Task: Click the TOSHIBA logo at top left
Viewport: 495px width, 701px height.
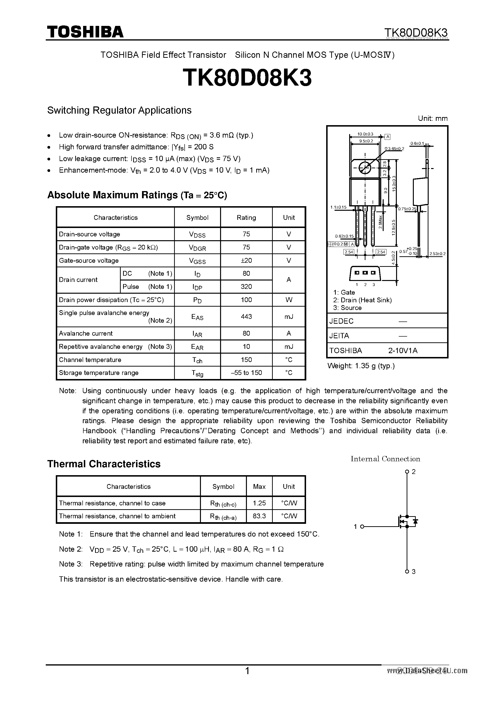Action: tap(85, 32)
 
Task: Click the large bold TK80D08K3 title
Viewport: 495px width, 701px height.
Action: tap(247, 77)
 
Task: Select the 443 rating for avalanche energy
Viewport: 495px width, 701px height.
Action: tap(246, 316)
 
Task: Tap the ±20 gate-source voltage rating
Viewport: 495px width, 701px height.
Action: tap(246, 260)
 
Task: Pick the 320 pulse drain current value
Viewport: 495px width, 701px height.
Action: tap(246, 286)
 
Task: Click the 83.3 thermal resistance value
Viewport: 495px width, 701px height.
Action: tap(259, 516)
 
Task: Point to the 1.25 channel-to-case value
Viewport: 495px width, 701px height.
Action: tap(259, 503)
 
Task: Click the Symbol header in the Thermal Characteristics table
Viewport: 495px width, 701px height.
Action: tap(223, 486)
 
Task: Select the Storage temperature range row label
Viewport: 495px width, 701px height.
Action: tap(98, 373)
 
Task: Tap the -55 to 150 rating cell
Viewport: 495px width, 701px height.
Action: tap(246, 373)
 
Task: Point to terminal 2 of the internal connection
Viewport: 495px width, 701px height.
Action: tap(407, 472)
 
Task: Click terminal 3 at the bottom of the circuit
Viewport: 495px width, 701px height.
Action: tap(407, 571)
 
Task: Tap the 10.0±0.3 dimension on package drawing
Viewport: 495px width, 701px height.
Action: tap(365, 134)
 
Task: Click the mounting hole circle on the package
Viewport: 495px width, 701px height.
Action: tap(365, 167)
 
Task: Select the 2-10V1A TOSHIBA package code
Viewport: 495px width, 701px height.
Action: tap(403, 350)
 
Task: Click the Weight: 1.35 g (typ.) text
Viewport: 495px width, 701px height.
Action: tap(361, 366)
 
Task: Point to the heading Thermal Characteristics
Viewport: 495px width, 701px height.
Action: tap(104, 464)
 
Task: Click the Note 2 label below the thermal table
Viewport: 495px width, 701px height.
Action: tap(71, 549)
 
